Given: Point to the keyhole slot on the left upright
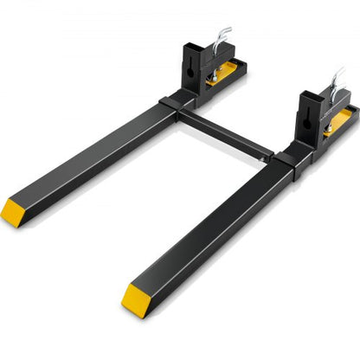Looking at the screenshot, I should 193,68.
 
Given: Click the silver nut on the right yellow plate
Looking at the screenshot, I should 328,128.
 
